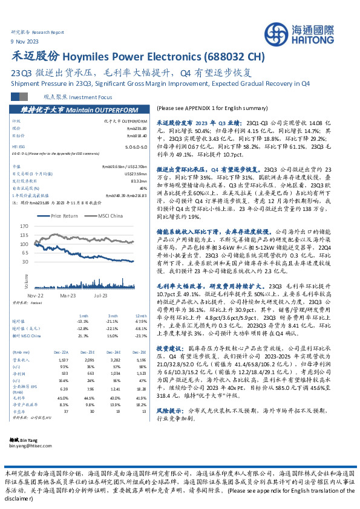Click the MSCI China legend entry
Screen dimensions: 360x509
coord(111,215)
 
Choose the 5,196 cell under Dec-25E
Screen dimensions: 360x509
coord(142,358)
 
